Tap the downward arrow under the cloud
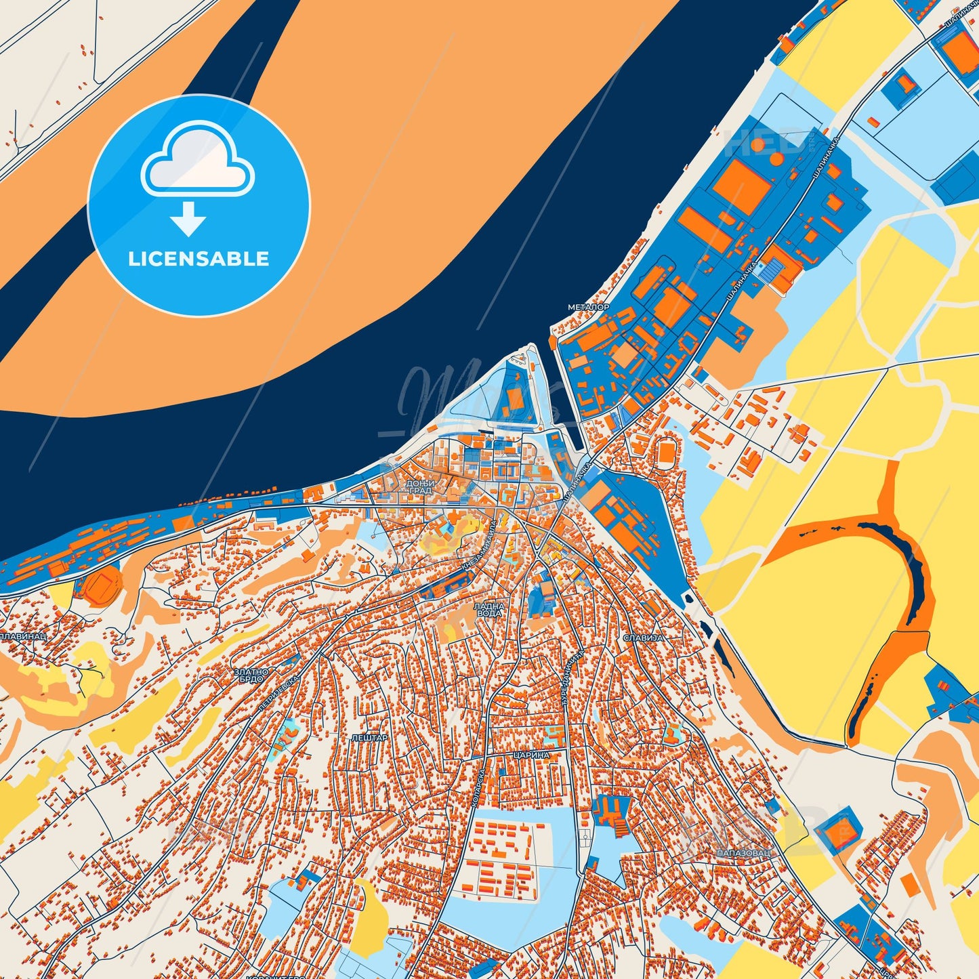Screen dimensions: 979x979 pos(188,219)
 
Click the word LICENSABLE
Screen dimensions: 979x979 pos(199,259)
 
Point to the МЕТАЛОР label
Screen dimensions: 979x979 pos(588,307)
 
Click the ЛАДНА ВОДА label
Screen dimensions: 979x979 pos(488,609)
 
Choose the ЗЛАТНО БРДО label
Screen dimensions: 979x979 pos(251,675)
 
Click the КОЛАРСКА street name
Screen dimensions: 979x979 pos(477,786)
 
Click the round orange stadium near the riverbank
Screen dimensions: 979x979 pos(102,585)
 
